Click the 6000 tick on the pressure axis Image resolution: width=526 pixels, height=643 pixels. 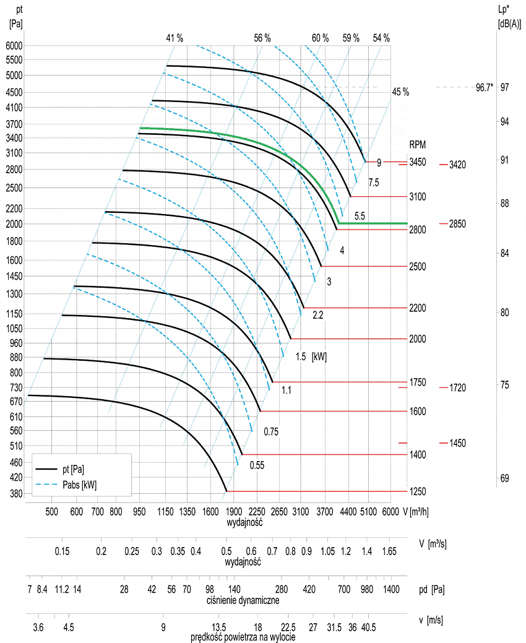point(14,45)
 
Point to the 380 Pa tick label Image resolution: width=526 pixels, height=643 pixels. point(15,493)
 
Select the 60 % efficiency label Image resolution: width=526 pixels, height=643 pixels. point(320,38)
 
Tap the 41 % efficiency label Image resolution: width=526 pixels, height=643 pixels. point(175,38)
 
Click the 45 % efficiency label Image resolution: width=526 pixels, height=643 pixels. point(400,92)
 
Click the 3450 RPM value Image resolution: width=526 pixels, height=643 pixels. point(418,162)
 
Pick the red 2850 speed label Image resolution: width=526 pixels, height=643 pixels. point(457,223)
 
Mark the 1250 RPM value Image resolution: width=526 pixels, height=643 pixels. point(418,491)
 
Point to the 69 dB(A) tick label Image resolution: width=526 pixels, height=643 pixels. point(504,478)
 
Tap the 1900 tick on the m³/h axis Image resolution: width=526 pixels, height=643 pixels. point(233,512)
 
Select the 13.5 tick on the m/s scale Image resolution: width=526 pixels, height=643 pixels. point(219,626)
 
